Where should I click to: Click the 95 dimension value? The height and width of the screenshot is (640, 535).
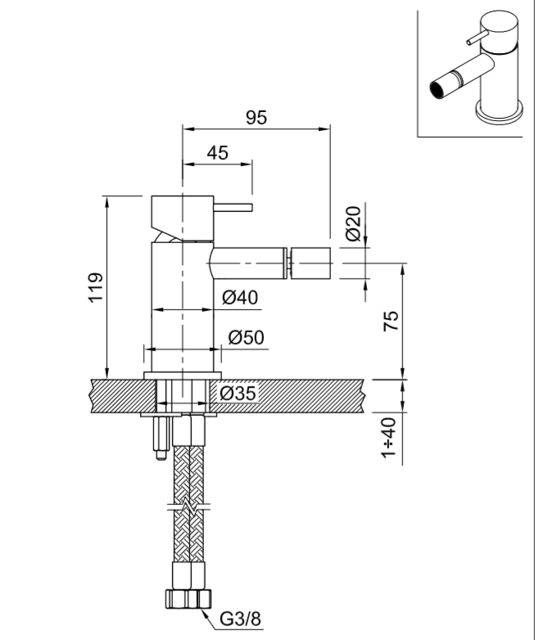pos(256,117)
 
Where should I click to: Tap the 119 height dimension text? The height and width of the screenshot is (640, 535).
pos(96,288)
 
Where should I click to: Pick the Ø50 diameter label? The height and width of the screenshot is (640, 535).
pos(245,336)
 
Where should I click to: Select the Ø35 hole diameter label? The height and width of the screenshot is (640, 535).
pos(238,394)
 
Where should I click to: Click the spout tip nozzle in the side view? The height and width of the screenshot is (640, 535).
pos(311,263)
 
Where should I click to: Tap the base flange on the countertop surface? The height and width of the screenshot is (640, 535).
pos(182,375)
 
